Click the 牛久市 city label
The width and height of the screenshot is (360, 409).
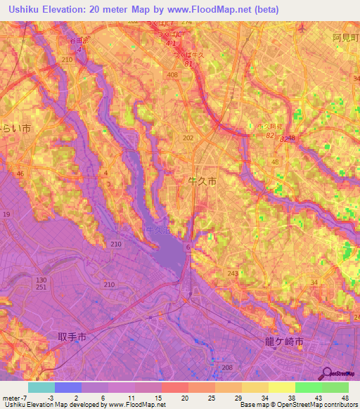click(x=204, y=181)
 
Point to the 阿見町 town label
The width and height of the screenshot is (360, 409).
click(x=346, y=39)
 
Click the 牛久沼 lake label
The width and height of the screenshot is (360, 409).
click(x=155, y=230)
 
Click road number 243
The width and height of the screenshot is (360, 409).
click(x=232, y=273)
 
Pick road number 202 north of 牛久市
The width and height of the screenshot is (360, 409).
click(x=188, y=138)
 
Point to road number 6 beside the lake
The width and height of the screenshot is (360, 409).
click(x=188, y=248)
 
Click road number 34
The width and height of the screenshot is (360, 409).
click(x=314, y=282)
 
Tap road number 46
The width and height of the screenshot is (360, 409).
click(x=20, y=173)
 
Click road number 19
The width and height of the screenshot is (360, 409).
click(x=6, y=214)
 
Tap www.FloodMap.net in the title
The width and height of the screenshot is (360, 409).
click(x=205, y=10)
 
